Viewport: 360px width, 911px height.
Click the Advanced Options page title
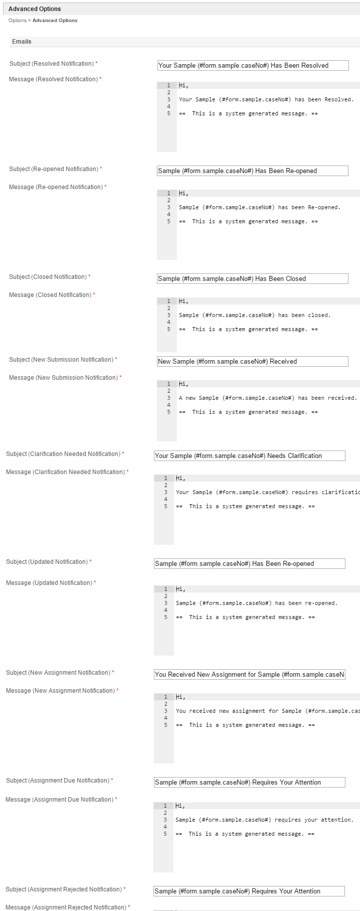[x=35, y=9]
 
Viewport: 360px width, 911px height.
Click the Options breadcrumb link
[x=17, y=21]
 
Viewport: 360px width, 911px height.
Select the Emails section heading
[x=22, y=42]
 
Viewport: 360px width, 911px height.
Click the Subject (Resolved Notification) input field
[x=253, y=65]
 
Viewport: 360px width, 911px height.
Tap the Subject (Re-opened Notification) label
[x=54, y=169]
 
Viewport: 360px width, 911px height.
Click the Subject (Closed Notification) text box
[x=252, y=278]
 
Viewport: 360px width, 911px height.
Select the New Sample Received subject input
[x=252, y=361]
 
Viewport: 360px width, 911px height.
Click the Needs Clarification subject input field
[x=249, y=456]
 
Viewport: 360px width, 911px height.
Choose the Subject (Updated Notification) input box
[x=249, y=563]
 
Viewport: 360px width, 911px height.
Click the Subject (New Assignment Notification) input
[x=249, y=674]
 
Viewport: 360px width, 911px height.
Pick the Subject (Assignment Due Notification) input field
[x=249, y=782]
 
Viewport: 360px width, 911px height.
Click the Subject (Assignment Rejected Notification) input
[x=249, y=891]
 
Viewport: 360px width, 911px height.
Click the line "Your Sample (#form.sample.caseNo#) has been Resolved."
[x=266, y=99]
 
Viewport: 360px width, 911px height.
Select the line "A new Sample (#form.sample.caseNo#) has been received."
[x=268, y=398]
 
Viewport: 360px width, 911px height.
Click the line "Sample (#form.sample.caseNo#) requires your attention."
[x=264, y=820]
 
